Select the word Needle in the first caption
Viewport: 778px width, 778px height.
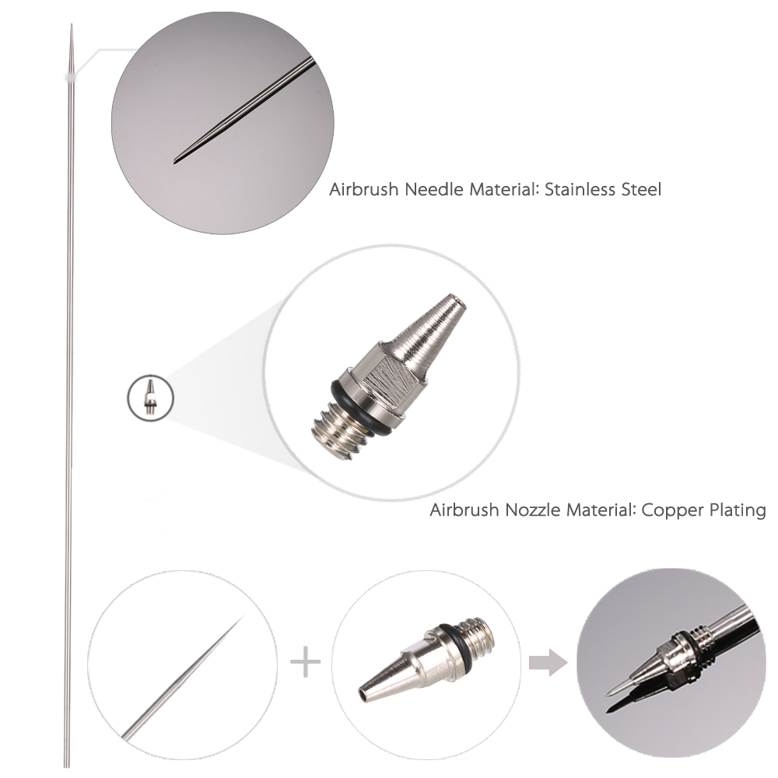(434, 190)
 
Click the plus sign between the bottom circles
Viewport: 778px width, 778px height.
(305, 662)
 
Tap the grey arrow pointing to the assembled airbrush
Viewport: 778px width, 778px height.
(548, 662)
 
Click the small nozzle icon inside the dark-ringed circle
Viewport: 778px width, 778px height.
(150, 397)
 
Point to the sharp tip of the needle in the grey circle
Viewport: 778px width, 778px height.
(174, 162)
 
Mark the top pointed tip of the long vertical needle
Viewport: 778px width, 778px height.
(72, 24)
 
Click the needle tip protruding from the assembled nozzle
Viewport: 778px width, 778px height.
(609, 694)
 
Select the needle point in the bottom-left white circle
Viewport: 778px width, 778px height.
(243, 617)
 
